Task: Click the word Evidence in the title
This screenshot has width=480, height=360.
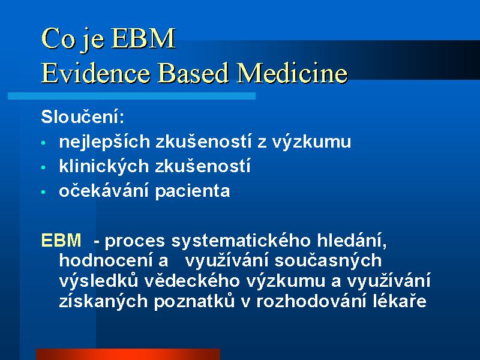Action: point(95,73)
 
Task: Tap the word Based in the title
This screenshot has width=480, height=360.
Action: point(193,73)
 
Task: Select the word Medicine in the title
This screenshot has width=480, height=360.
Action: point(292,73)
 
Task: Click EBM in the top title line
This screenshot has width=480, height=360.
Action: point(143,38)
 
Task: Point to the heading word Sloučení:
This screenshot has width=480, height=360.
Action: point(83,116)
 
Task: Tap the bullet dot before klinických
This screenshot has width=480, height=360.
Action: point(43,167)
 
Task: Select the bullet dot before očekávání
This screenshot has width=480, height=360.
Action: point(43,192)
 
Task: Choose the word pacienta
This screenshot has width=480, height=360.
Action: point(193,191)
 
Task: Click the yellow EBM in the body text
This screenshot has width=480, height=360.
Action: point(61,240)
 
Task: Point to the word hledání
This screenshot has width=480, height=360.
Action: point(352,241)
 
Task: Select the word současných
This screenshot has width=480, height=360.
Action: point(328,261)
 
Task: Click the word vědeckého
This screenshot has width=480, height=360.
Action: point(191,281)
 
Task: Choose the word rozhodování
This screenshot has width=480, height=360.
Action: point(311,301)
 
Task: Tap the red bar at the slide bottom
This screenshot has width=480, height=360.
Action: point(128,354)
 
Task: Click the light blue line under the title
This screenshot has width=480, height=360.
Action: point(131,96)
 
